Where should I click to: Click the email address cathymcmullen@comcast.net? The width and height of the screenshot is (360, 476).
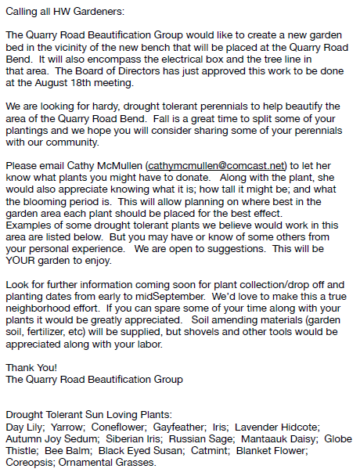coord(217,166)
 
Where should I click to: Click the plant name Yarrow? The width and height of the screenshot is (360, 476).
coord(63,427)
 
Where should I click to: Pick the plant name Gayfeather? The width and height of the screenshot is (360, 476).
coord(178,427)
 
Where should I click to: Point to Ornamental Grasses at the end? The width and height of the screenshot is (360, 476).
coord(106,463)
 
